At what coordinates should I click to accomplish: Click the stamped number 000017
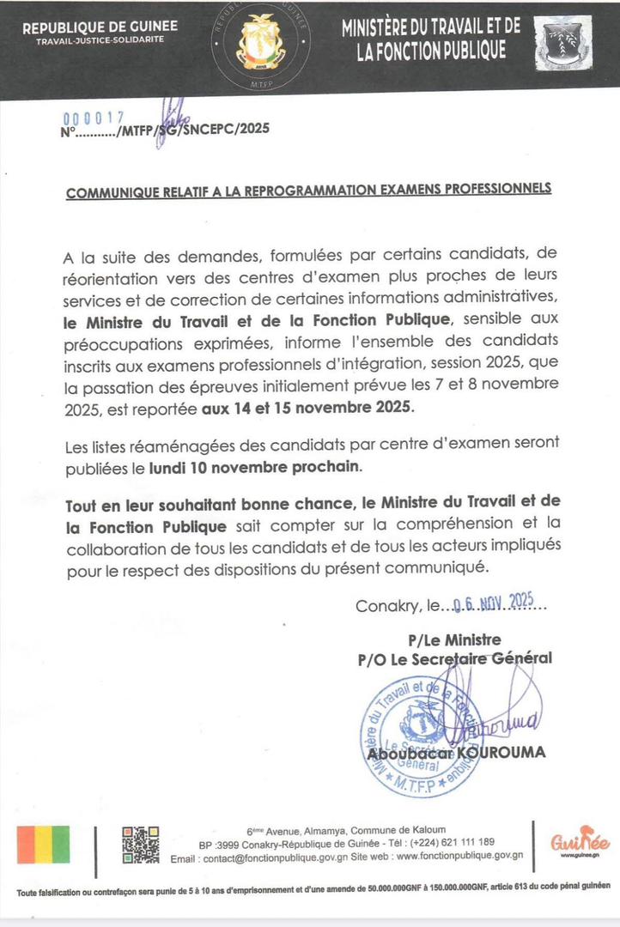[x=94, y=118]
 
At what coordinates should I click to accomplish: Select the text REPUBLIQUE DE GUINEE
[x=100, y=27]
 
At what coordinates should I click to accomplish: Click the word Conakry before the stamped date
[x=386, y=606]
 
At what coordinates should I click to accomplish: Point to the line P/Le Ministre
[x=454, y=639]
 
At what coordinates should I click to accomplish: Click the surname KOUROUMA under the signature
[x=502, y=753]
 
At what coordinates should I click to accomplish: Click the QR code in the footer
[x=141, y=844]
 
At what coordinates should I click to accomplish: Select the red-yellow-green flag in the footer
[x=44, y=844]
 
